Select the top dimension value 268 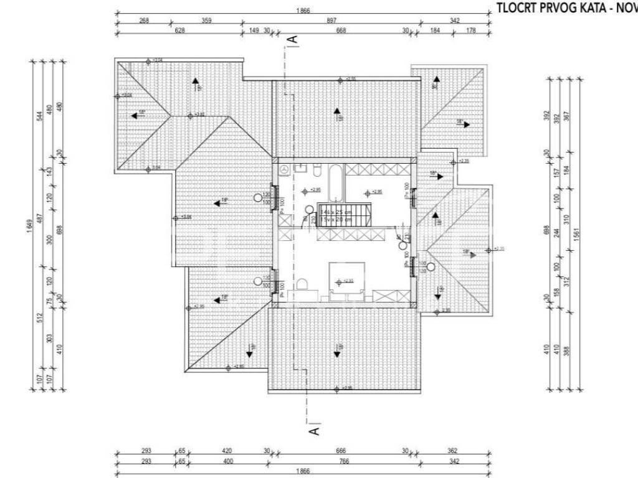point(144,21)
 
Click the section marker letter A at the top point(295,40)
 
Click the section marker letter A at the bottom point(315,429)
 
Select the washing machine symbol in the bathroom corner point(285,170)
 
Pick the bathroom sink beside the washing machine point(300,168)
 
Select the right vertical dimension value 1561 point(576,233)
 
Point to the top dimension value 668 point(341,30)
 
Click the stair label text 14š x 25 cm point(336,212)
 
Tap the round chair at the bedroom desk point(302,284)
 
